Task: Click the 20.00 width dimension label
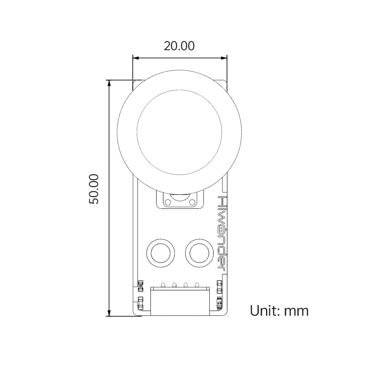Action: (179, 46)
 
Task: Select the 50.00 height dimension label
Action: (94, 189)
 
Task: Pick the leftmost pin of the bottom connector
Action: (163, 285)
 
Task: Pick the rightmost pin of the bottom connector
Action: (197, 285)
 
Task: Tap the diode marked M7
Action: (219, 303)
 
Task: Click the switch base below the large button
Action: (180, 201)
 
